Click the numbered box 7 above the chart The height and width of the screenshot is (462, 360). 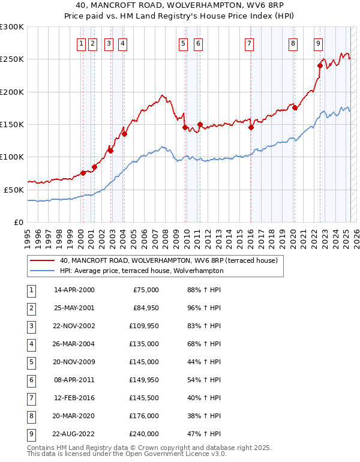[249, 43]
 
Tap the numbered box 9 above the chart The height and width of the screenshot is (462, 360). [317, 43]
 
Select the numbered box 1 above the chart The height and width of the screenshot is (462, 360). [80, 43]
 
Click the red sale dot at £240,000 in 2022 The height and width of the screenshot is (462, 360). [320, 66]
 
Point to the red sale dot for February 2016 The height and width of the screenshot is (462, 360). [251, 127]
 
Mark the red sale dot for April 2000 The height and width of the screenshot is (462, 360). [83, 173]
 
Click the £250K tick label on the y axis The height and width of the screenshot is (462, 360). [12, 59]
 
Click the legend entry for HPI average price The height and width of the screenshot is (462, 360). [141, 271]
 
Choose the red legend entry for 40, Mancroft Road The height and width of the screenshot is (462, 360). [168, 261]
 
